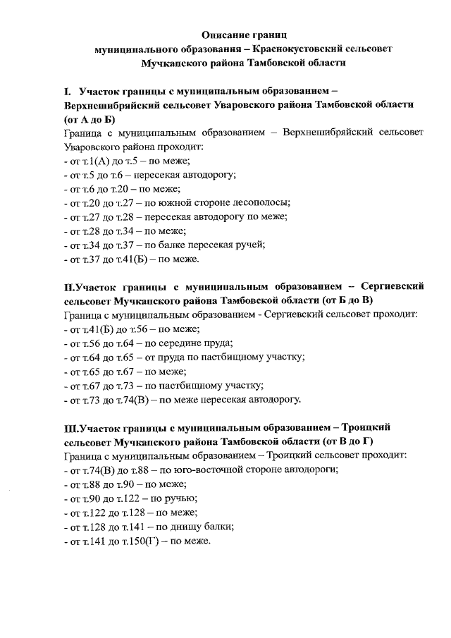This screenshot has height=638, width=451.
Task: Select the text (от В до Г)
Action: [347, 441]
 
